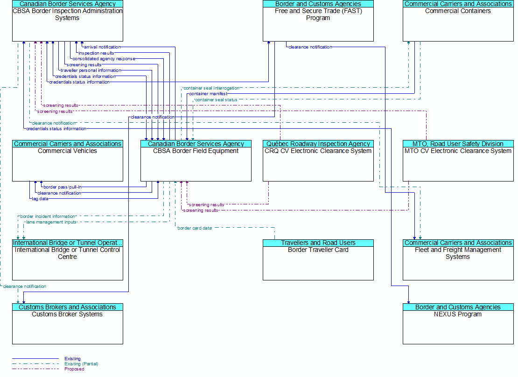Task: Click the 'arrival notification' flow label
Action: point(102,47)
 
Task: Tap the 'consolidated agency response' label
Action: point(104,59)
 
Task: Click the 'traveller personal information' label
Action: point(91,70)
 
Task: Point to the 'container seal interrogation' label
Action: point(211,88)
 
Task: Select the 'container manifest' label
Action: point(208,94)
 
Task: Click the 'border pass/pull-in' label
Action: point(62,187)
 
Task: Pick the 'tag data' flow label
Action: point(40,199)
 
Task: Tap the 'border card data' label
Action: point(195,228)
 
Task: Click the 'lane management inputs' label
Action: point(51,222)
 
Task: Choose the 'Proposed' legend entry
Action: point(74,369)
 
